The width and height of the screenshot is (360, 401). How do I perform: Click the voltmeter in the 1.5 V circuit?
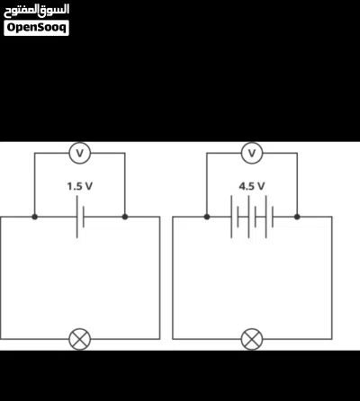coord(80,153)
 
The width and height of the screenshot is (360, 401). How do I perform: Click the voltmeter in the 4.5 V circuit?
coord(252,153)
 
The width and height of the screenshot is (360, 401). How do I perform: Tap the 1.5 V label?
coord(80,186)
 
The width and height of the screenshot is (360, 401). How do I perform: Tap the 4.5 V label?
coord(252,186)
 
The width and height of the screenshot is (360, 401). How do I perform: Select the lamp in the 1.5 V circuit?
coord(80,339)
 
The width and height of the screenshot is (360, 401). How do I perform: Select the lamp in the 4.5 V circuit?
coord(252,339)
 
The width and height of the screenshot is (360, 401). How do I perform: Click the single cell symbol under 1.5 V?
coord(80,217)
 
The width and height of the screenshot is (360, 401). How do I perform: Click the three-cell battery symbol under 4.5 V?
coord(252,217)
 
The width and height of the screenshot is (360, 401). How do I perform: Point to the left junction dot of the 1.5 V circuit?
coord(35,217)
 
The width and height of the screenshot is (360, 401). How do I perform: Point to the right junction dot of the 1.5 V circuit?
coord(125,217)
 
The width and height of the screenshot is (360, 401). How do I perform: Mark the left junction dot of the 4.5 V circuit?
coord(207,217)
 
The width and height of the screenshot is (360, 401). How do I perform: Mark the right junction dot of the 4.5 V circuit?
coord(297,217)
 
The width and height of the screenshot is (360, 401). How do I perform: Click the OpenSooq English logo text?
coord(37,28)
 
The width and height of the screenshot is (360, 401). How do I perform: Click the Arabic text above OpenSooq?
coord(37,10)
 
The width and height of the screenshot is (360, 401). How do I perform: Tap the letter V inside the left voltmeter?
coord(80,153)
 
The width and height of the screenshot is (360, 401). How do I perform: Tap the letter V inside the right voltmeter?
coord(252,153)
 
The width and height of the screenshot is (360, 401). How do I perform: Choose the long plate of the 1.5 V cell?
coord(77,217)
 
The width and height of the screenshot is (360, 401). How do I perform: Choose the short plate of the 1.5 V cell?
coord(84,217)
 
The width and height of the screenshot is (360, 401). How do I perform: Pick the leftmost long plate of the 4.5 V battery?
coord(231,217)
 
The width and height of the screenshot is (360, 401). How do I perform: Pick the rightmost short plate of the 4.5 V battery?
coord(273,217)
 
